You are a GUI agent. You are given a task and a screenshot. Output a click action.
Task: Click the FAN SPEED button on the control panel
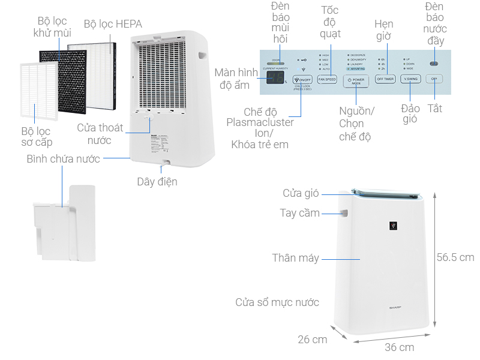point(327,79)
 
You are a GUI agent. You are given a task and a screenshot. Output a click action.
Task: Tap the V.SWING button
point(410,79)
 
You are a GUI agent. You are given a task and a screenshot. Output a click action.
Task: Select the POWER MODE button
point(355,80)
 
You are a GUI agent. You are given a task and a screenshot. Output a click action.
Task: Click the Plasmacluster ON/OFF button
point(302,79)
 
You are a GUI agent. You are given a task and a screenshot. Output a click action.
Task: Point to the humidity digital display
point(275,79)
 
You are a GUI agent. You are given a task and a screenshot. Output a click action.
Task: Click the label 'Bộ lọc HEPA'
point(113,25)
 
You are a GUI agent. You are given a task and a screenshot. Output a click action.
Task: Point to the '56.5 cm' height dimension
point(455,257)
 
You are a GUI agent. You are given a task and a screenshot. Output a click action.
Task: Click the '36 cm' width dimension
point(399,347)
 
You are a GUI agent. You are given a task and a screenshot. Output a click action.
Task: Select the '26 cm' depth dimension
point(313,340)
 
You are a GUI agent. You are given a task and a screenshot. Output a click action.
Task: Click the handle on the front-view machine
point(346,213)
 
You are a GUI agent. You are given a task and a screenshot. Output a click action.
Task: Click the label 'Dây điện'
point(157,181)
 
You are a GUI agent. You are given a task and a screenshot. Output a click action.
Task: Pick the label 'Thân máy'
point(295,258)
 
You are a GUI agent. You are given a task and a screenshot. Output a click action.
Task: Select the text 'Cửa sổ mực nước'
point(277,302)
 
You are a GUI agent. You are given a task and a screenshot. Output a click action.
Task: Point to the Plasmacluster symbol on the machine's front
point(394,226)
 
